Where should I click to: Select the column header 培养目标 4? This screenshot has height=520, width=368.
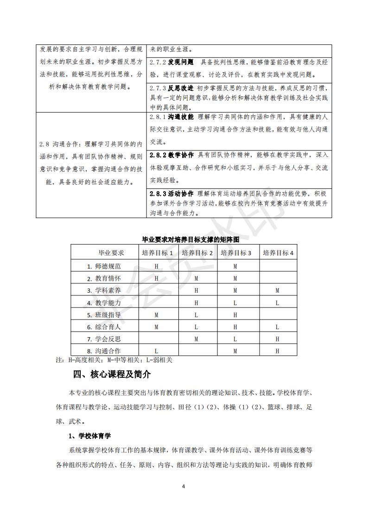click(x=278, y=253)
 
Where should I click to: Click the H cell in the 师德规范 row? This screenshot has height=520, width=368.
click(x=157, y=266)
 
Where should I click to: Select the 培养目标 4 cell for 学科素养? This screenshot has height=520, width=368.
click(x=278, y=291)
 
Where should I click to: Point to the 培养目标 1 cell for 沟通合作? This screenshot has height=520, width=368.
click(x=157, y=351)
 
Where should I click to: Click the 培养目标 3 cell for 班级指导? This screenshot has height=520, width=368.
click(x=235, y=315)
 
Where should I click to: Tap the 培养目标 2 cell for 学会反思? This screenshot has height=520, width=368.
click(x=197, y=339)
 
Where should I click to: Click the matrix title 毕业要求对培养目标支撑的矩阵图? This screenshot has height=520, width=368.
click(x=184, y=240)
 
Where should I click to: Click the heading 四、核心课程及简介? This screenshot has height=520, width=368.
click(x=112, y=374)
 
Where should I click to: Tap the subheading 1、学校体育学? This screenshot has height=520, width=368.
click(x=89, y=436)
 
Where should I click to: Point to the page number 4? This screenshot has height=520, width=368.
click(x=184, y=486)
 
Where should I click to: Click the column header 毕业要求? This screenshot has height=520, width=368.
click(x=111, y=253)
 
